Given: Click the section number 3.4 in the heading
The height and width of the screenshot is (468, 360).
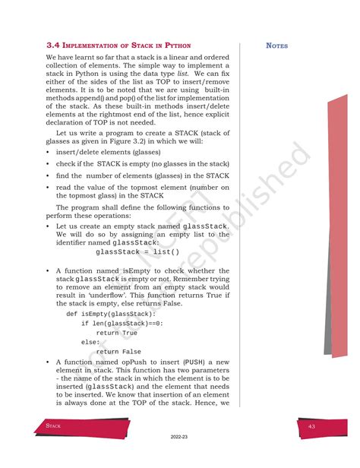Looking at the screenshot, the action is [52, 46].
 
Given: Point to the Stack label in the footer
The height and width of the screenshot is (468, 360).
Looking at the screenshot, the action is [53, 427].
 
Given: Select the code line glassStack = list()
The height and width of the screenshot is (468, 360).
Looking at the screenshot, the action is [138, 252].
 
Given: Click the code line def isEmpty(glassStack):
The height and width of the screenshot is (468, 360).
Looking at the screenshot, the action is [111, 313].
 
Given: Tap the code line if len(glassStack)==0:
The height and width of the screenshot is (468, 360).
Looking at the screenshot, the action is [122, 323].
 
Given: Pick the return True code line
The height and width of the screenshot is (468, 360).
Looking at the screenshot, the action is [117, 333].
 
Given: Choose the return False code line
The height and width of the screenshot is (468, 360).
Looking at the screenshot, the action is [118, 352].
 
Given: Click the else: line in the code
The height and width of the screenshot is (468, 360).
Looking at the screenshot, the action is [90, 342].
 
